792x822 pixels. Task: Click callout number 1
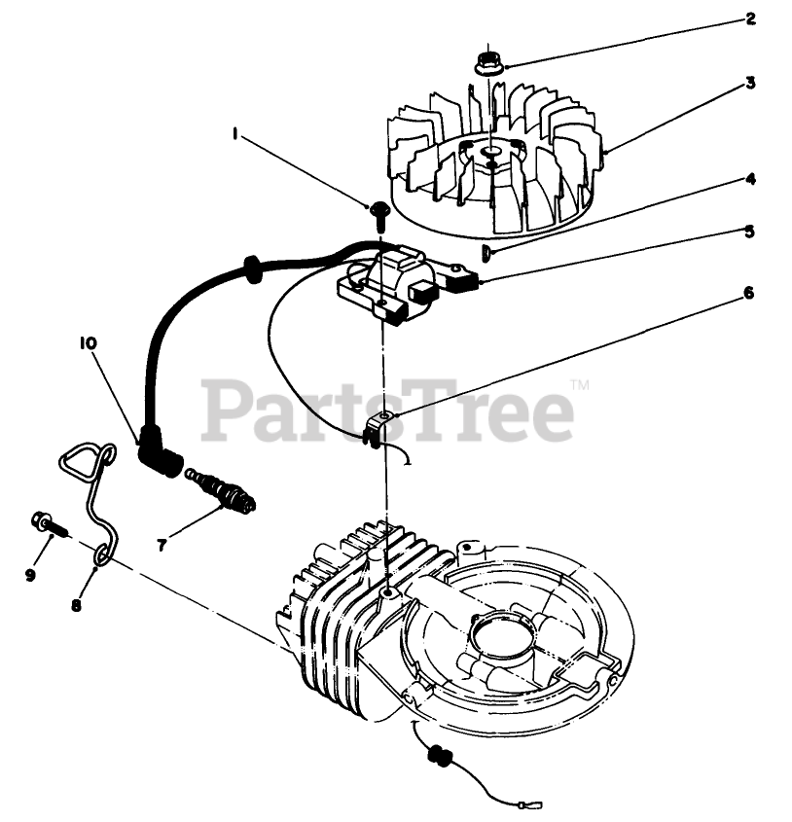(x=235, y=136)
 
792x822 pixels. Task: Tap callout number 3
(x=750, y=84)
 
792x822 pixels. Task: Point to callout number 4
(x=750, y=179)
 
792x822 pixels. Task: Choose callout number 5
(x=750, y=232)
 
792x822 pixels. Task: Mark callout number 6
(x=750, y=292)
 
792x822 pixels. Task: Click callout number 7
(x=162, y=545)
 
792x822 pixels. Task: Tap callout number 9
(x=31, y=575)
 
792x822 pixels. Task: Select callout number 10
(x=88, y=342)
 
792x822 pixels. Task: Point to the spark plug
(x=225, y=490)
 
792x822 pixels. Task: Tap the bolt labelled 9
(x=46, y=525)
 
